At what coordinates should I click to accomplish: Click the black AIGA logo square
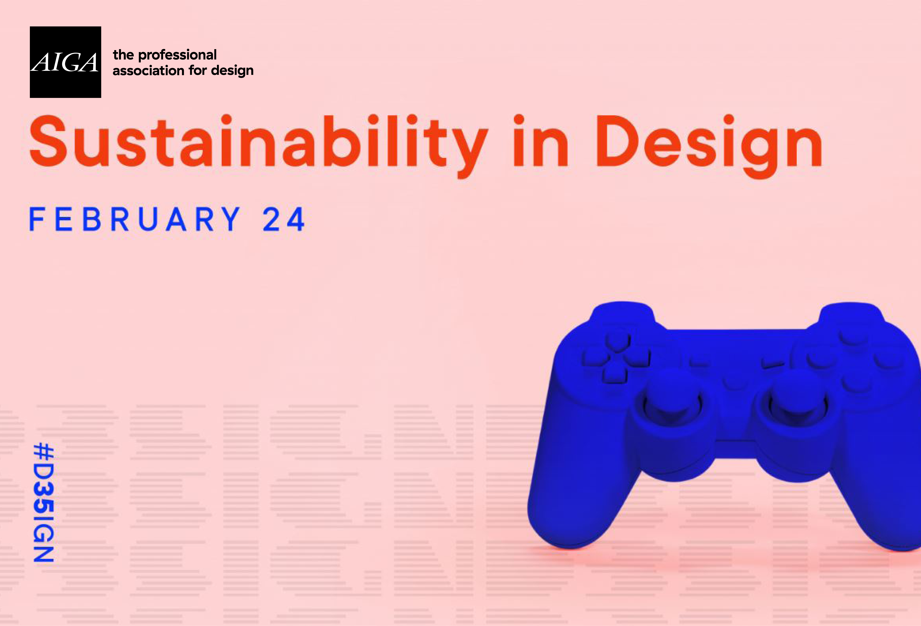click(65, 62)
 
